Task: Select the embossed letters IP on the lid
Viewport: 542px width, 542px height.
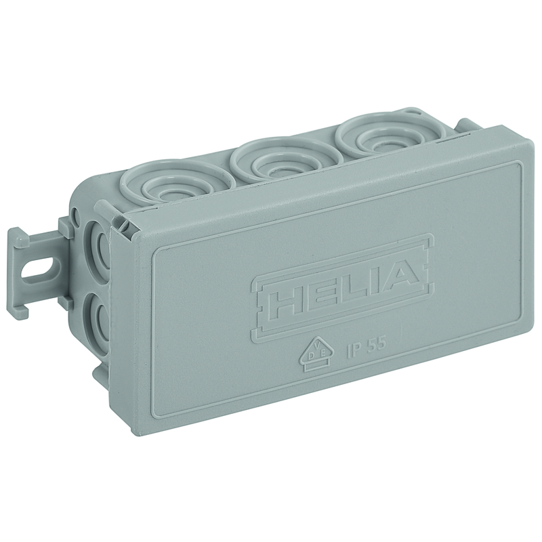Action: click(354, 349)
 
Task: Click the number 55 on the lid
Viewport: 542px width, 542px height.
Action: click(376, 343)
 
